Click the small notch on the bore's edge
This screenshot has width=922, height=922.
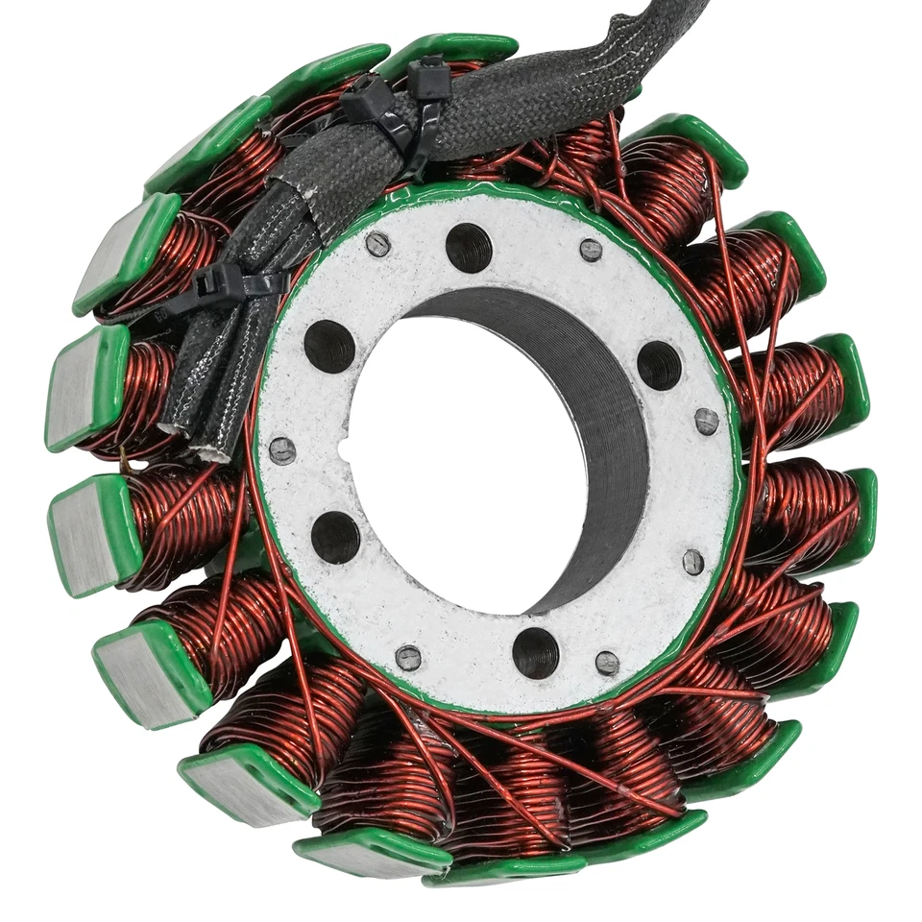pos(344,448)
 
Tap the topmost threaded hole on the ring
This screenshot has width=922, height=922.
pos(469,247)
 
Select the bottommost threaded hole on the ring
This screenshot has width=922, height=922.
pos(535,653)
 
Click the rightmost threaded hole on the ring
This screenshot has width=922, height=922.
pos(659,365)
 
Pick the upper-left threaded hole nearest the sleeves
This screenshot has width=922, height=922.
pos(329,346)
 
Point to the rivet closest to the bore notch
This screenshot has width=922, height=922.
pos(282,449)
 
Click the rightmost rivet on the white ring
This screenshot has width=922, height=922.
pos(706,421)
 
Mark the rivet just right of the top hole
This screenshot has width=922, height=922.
pos(591,251)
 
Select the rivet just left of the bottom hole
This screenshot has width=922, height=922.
pos(408,658)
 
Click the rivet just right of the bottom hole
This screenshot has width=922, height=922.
pos(607,663)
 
